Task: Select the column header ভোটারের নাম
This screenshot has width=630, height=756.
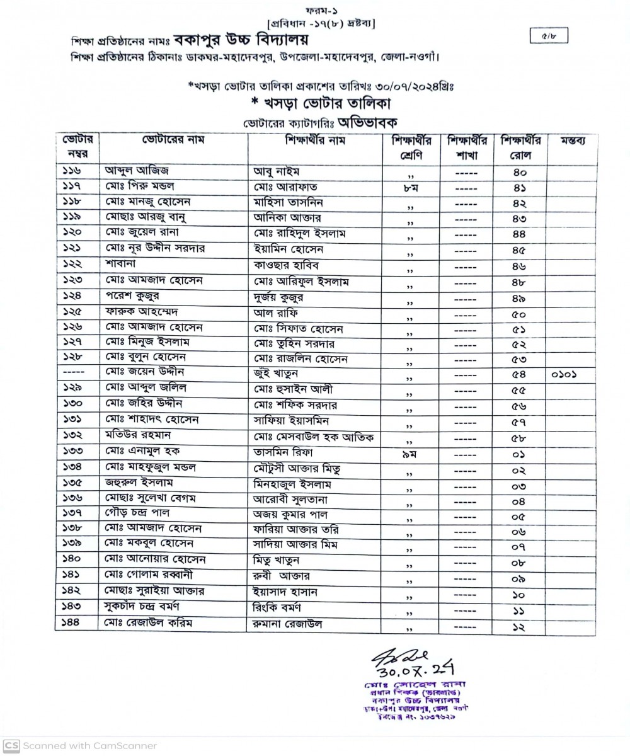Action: [x=173, y=140]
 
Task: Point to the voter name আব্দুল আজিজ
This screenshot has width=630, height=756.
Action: [x=137, y=171]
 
